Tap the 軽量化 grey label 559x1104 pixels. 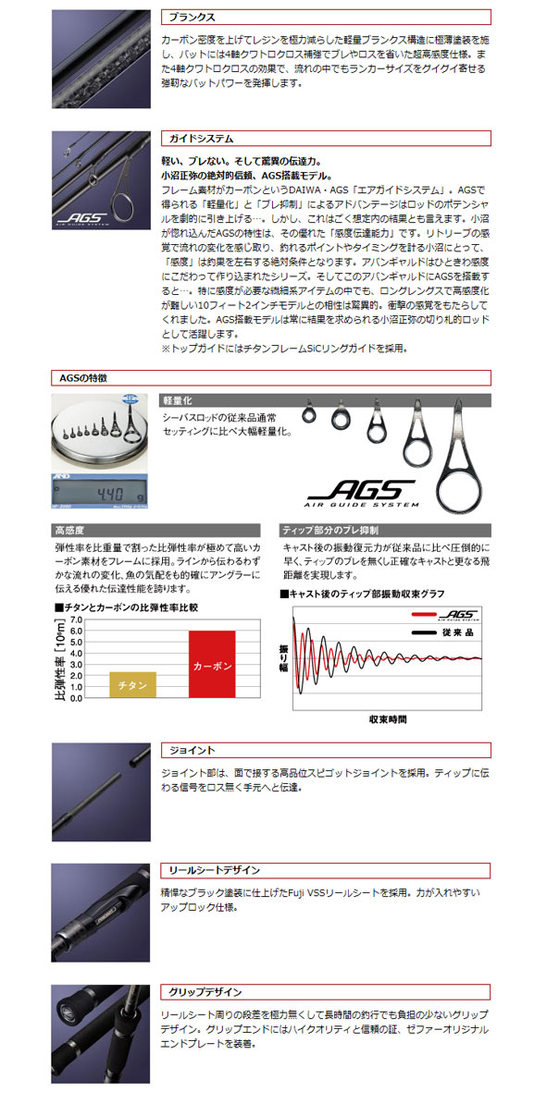(179, 400)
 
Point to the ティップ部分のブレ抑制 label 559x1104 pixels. (329, 530)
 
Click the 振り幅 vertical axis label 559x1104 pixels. (284, 657)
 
